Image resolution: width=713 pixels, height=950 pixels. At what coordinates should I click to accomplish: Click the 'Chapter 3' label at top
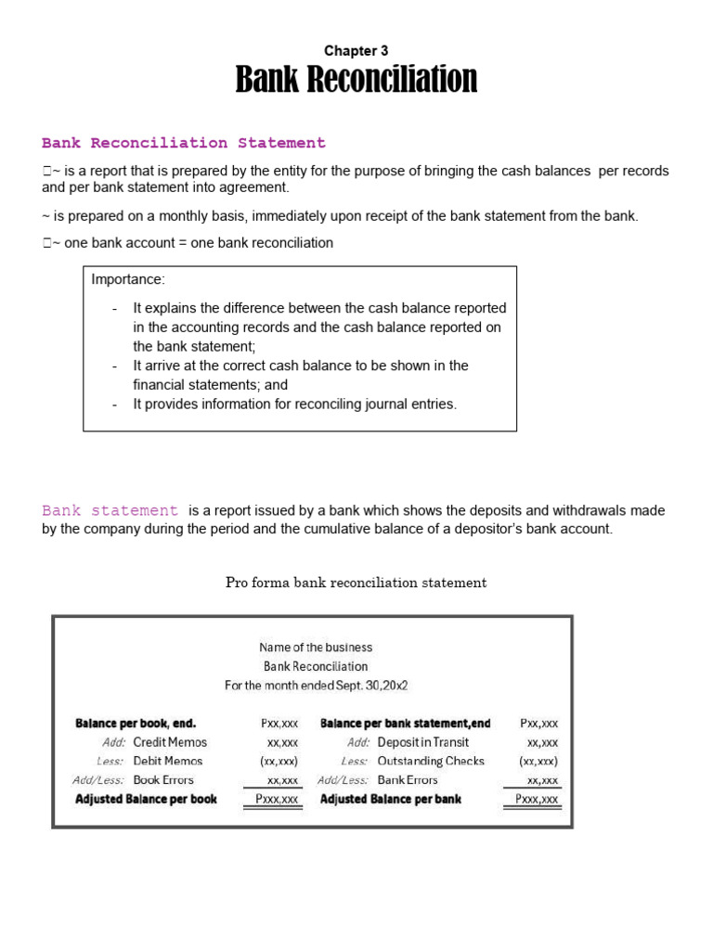(356, 51)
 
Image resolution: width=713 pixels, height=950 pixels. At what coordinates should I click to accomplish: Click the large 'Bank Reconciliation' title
(356, 80)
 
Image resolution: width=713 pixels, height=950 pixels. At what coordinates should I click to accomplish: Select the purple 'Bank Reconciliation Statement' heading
(184, 143)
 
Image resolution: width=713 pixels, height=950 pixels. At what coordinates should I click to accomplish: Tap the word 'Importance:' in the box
(128, 280)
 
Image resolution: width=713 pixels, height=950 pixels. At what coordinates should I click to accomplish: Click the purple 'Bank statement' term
(110, 510)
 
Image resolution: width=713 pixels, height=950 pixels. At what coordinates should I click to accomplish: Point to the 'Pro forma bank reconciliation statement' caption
(356, 583)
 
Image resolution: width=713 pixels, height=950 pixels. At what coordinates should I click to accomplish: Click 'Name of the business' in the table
(316, 648)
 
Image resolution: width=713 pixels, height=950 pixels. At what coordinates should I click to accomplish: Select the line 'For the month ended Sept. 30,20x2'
(317, 686)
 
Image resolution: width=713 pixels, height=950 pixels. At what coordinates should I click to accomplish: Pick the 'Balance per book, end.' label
(136, 723)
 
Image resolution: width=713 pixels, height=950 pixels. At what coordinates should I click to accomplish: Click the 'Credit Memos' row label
(170, 742)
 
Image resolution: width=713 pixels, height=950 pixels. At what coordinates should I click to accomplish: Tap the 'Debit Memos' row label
(167, 761)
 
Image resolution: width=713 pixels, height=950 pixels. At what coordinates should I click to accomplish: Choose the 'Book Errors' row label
(163, 780)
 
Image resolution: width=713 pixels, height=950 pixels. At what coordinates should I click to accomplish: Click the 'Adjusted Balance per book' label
(146, 799)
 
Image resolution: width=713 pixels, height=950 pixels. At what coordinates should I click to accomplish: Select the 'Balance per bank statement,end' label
(406, 723)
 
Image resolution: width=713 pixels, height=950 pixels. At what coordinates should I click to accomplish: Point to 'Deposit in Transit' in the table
(423, 742)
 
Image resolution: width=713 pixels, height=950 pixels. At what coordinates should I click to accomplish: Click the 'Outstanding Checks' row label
(431, 761)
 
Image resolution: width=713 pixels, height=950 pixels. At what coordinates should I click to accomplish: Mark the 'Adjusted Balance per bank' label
(390, 799)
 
